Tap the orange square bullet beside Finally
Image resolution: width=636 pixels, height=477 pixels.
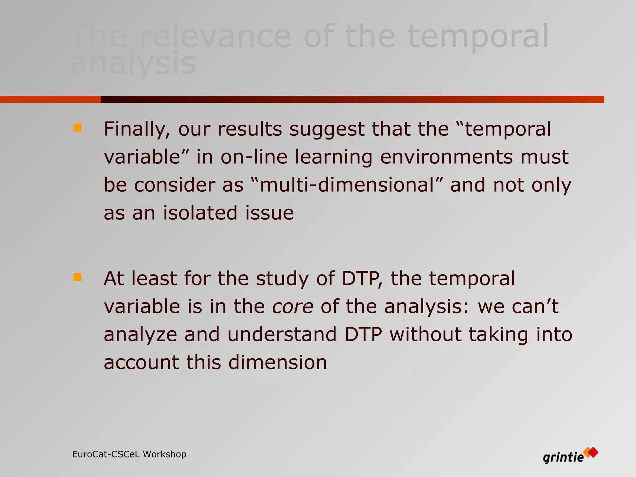pos(77,128)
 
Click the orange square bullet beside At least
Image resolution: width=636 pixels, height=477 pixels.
pos(77,277)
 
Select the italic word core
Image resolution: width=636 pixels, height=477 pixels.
pos(293,307)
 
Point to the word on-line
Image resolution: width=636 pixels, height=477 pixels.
pos(254,157)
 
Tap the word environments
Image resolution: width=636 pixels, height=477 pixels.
pos(446,157)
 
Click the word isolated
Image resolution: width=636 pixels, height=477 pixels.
pos(200,213)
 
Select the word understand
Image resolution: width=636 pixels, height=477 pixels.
pos(282,334)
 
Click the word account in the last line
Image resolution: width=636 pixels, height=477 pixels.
pos(141,362)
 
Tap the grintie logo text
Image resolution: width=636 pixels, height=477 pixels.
pos(563,457)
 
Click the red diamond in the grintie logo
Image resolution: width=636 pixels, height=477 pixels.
pos(593,452)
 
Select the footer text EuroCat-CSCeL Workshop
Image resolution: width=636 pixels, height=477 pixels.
pos(129,454)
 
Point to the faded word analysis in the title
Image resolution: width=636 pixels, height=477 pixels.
pos(133,64)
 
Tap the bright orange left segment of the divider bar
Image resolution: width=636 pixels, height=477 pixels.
pos(50,99)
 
